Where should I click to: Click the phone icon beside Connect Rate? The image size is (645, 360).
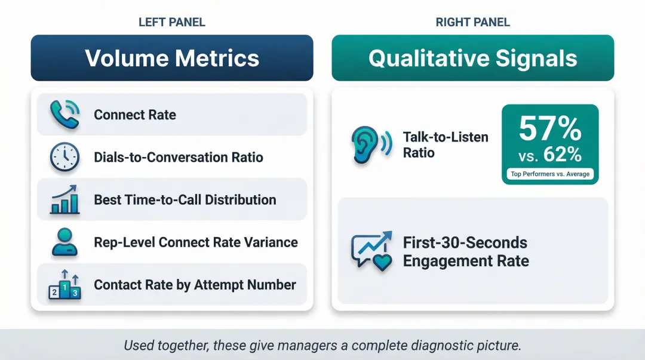(x=64, y=114)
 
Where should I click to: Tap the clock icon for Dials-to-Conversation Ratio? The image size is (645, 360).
(x=64, y=157)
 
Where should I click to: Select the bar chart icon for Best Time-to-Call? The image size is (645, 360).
(x=64, y=199)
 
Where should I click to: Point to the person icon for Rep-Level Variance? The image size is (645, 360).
(x=64, y=242)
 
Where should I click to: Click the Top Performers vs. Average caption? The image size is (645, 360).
(x=550, y=174)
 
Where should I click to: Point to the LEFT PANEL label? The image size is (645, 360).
(x=172, y=23)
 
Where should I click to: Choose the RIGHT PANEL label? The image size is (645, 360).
(x=473, y=23)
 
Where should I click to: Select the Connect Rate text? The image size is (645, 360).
(x=135, y=115)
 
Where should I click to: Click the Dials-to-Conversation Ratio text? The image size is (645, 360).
(x=179, y=158)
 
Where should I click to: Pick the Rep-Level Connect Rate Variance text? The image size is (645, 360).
(x=196, y=242)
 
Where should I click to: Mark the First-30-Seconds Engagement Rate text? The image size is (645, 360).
(x=465, y=251)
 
